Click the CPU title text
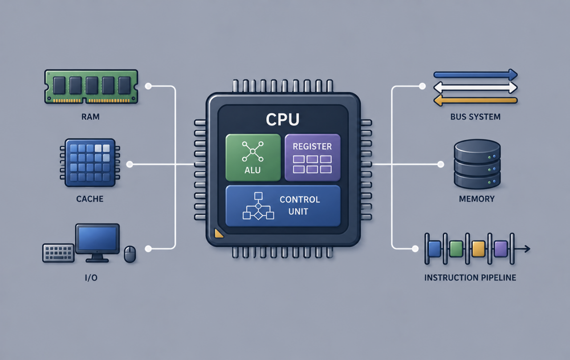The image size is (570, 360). (x=283, y=119)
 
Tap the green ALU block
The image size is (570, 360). (x=253, y=158)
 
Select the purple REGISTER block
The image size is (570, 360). (x=313, y=158)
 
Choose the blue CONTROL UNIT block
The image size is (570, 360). (x=283, y=206)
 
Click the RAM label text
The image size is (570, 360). (x=90, y=117)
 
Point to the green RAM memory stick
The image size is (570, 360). (x=91, y=86)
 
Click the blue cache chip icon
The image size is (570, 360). (x=90, y=163)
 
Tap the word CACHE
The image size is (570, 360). (x=90, y=198)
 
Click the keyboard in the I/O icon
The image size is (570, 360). (x=58, y=253)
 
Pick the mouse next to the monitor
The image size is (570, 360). (x=130, y=254)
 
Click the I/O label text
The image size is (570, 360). (x=91, y=278)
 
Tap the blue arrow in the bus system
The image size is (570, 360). (x=475, y=75)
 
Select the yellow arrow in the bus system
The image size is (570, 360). (x=475, y=101)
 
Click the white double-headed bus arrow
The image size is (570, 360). (x=475, y=88)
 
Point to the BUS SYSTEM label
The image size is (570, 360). (x=475, y=117)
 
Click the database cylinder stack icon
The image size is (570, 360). (x=477, y=164)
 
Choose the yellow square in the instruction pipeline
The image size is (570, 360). (x=478, y=249)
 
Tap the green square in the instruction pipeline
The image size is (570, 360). (x=456, y=249)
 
